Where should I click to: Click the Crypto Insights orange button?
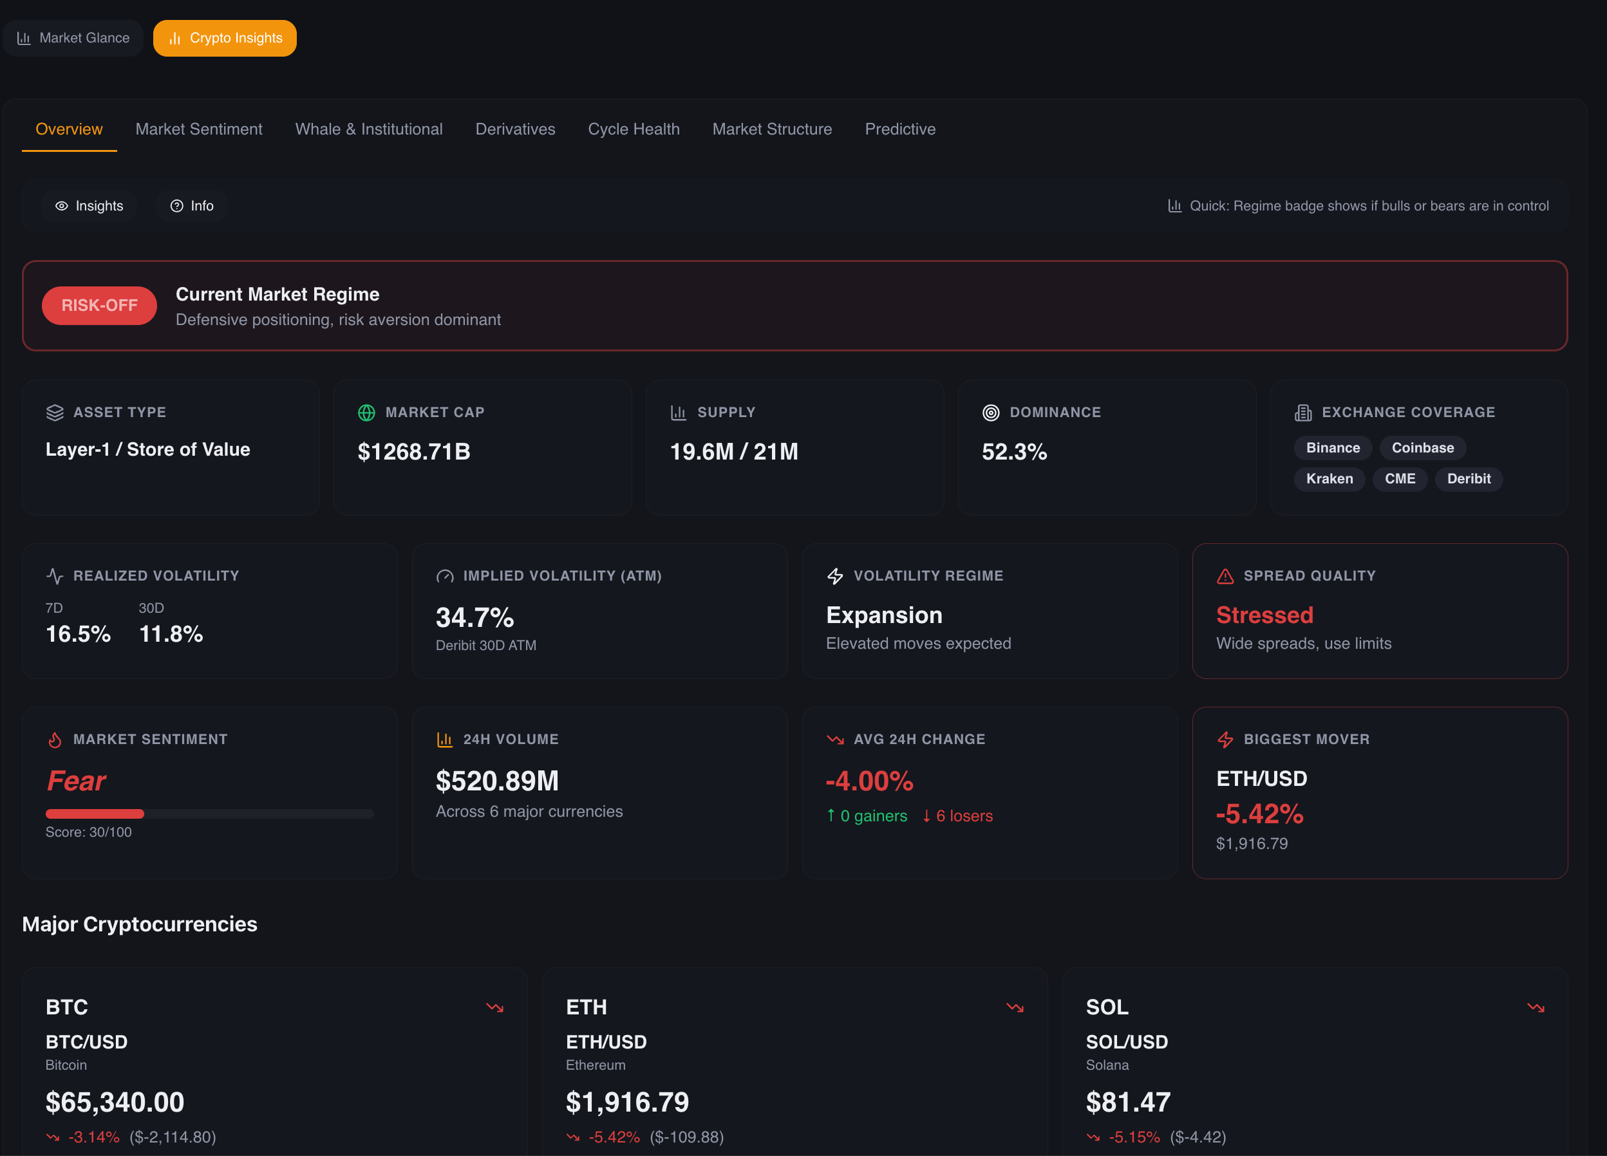click(x=225, y=38)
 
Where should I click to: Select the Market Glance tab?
click(x=73, y=38)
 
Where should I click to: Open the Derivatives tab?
click(x=515, y=129)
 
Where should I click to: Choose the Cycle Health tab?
click(x=634, y=129)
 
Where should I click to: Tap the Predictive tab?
click(x=900, y=129)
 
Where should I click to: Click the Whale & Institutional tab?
click(x=368, y=129)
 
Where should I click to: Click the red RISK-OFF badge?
click(x=99, y=305)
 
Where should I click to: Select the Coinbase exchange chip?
click(x=1422, y=448)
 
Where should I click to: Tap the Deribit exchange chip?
click(x=1468, y=479)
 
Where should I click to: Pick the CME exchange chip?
click(x=1400, y=479)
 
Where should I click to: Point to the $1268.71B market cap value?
click(x=414, y=452)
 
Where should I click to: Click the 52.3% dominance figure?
click(x=1014, y=452)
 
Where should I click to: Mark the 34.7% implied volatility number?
click(x=475, y=618)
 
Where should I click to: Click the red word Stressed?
click(x=1264, y=615)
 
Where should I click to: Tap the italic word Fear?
click(x=76, y=781)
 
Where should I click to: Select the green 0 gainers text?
click(x=872, y=816)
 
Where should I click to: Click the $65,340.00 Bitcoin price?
click(x=115, y=1102)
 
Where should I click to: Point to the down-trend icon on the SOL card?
click(x=1536, y=1007)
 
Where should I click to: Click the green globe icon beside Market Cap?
click(x=366, y=412)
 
